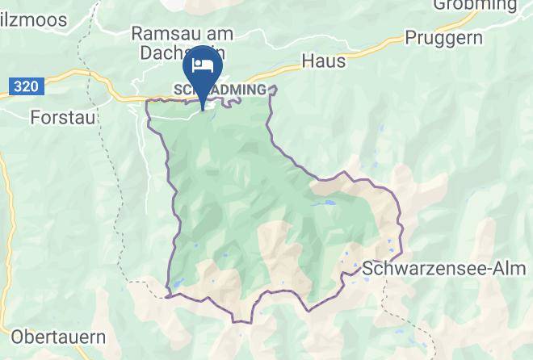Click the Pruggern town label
pyautogui.click(x=443, y=38)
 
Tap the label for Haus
pyautogui.click(x=323, y=60)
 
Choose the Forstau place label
pyautogui.click(x=62, y=118)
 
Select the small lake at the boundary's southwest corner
pyautogui.click(x=173, y=285)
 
